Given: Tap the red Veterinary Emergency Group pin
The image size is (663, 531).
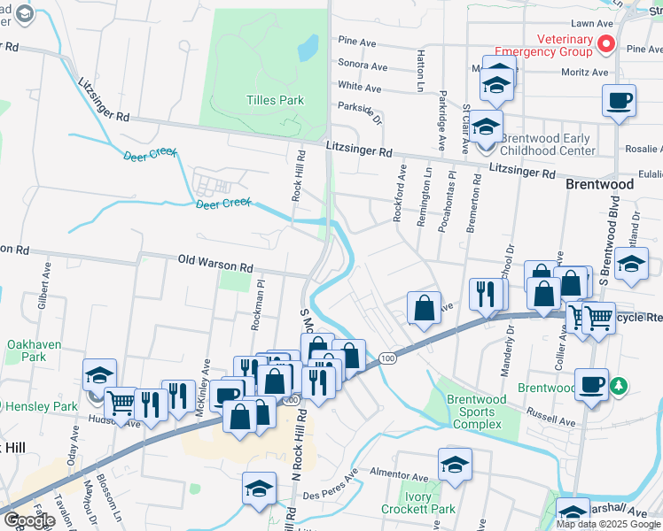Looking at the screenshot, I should click(607, 42).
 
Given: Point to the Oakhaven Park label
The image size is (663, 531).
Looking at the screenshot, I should click(26, 350).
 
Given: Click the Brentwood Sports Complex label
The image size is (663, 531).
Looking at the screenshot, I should click(478, 412).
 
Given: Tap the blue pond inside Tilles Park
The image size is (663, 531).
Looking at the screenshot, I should click(308, 47).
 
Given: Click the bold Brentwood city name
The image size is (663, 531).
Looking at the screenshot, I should click(600, 185).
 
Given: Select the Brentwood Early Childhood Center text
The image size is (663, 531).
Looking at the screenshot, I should click(548, 144).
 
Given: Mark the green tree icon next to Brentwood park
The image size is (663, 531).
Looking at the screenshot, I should click(620, 387).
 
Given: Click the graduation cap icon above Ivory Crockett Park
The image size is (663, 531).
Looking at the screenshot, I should click(455, 465).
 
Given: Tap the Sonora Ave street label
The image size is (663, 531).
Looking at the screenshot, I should click(363, 66).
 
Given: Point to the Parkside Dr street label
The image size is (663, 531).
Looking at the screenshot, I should click(359, 106).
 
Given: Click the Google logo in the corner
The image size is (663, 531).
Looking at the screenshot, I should click(28, 520).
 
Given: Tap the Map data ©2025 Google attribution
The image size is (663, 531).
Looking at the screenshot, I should click(608, 524).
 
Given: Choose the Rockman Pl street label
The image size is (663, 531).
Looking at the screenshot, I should click(257, 306).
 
